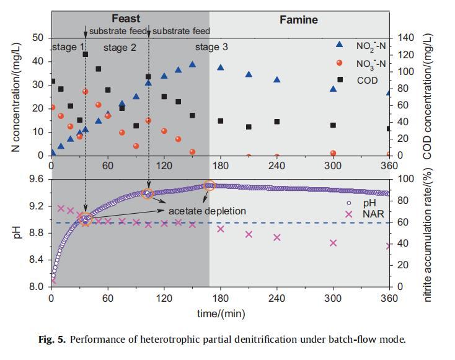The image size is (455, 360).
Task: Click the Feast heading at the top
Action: (x=126, y=19)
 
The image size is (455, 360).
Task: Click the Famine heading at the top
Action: (x=298, y=20)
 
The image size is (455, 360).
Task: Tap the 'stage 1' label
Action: (x=68, y=47)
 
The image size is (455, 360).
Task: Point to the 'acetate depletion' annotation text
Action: (x=207, y=211)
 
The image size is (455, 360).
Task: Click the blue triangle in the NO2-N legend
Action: (x=339, y=45)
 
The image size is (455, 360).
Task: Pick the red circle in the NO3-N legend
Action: (x=339, y=63)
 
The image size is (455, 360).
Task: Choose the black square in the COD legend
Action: (x=339, y=80)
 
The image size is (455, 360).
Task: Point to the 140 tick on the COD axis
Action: (x=402, y=38)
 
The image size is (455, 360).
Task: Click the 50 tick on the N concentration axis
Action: (x=38, y=38)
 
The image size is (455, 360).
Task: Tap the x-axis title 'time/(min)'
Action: (x=221, y=314)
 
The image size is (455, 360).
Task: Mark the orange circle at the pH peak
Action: (x=210, y=185)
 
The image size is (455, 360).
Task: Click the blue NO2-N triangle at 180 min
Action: (x=220, y=68)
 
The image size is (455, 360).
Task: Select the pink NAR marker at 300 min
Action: (x=333, y=243)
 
